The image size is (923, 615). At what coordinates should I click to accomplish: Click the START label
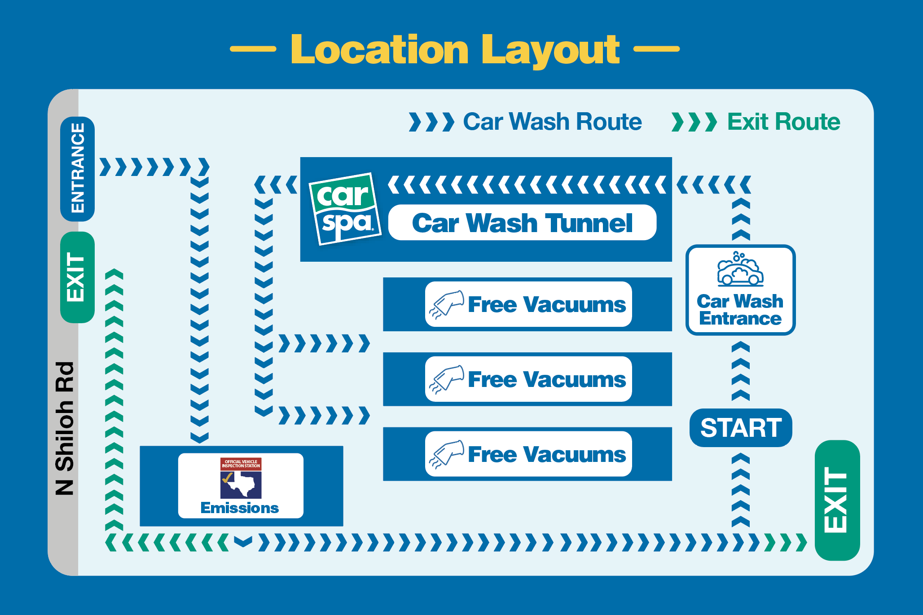pos(741,427)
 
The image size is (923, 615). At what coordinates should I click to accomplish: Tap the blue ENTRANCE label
pos(78,169)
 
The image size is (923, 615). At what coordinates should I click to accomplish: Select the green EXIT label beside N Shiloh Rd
pos(78,277)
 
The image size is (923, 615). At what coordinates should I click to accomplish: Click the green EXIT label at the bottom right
pos(837,500)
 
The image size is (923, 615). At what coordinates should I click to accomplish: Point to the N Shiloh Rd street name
pos(64,428)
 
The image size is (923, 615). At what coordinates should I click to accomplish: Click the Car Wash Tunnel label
pos(522,223)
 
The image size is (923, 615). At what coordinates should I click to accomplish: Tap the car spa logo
pos(345,209)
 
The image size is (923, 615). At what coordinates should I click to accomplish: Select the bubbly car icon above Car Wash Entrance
pos(740,269)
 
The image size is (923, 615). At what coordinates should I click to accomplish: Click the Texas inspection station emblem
pos(241,478)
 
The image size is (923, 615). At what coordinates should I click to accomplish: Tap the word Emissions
pos(240,508)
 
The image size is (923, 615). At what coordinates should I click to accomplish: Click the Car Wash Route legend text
pos(553,122)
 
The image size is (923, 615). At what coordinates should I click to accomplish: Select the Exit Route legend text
pos(784,122)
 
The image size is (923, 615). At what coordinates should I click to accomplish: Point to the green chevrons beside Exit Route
pos(694,122)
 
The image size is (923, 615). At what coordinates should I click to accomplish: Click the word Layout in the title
pos(551,51)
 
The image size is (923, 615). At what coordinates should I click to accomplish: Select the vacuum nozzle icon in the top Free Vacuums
pos(446,304)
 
